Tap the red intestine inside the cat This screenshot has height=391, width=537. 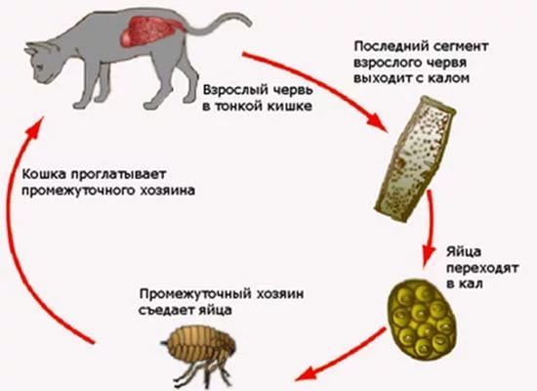(x=150, y=31)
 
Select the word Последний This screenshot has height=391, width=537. (x=390, y=46)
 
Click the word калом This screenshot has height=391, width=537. (x=448, y=78)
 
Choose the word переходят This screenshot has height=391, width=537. (x=482, y=268)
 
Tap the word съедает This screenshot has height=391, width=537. (x=166, y=310)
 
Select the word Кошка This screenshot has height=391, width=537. (x=45, y=174)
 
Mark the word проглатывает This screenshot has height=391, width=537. (x=118, y=175)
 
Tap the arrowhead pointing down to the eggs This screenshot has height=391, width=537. (x=427, y=255)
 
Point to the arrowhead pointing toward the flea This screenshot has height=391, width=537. (x=307, y=373)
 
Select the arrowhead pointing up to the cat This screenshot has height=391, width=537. (x=35, y=126)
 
